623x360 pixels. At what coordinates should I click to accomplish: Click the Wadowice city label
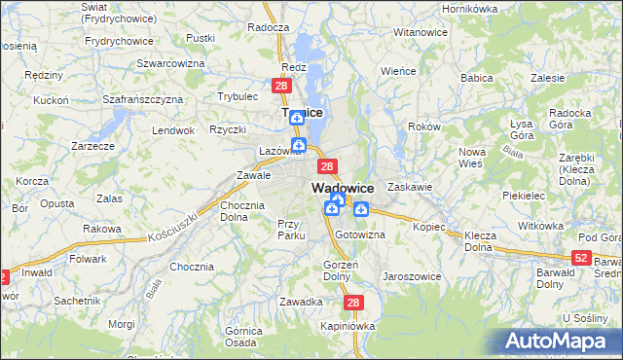click(343, 188)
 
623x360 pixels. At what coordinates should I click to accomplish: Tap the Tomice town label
click(301, 112)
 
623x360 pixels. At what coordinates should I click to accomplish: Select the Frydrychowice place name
click(120, 41)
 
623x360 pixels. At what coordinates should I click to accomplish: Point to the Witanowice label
click(420, 32)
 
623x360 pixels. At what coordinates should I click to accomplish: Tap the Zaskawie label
click(409, 186)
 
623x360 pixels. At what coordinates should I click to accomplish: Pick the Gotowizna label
click(360, 234)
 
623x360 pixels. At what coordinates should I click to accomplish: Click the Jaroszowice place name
click(412, 276)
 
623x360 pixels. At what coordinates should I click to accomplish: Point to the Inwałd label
click(36, 272)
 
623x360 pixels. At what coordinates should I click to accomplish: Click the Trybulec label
click(238, 96)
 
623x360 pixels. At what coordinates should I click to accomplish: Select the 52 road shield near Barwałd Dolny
click(581, 257)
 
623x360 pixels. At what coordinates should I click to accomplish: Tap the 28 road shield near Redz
click(281, 87)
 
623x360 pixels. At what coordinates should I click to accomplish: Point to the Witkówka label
click(541, 226)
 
